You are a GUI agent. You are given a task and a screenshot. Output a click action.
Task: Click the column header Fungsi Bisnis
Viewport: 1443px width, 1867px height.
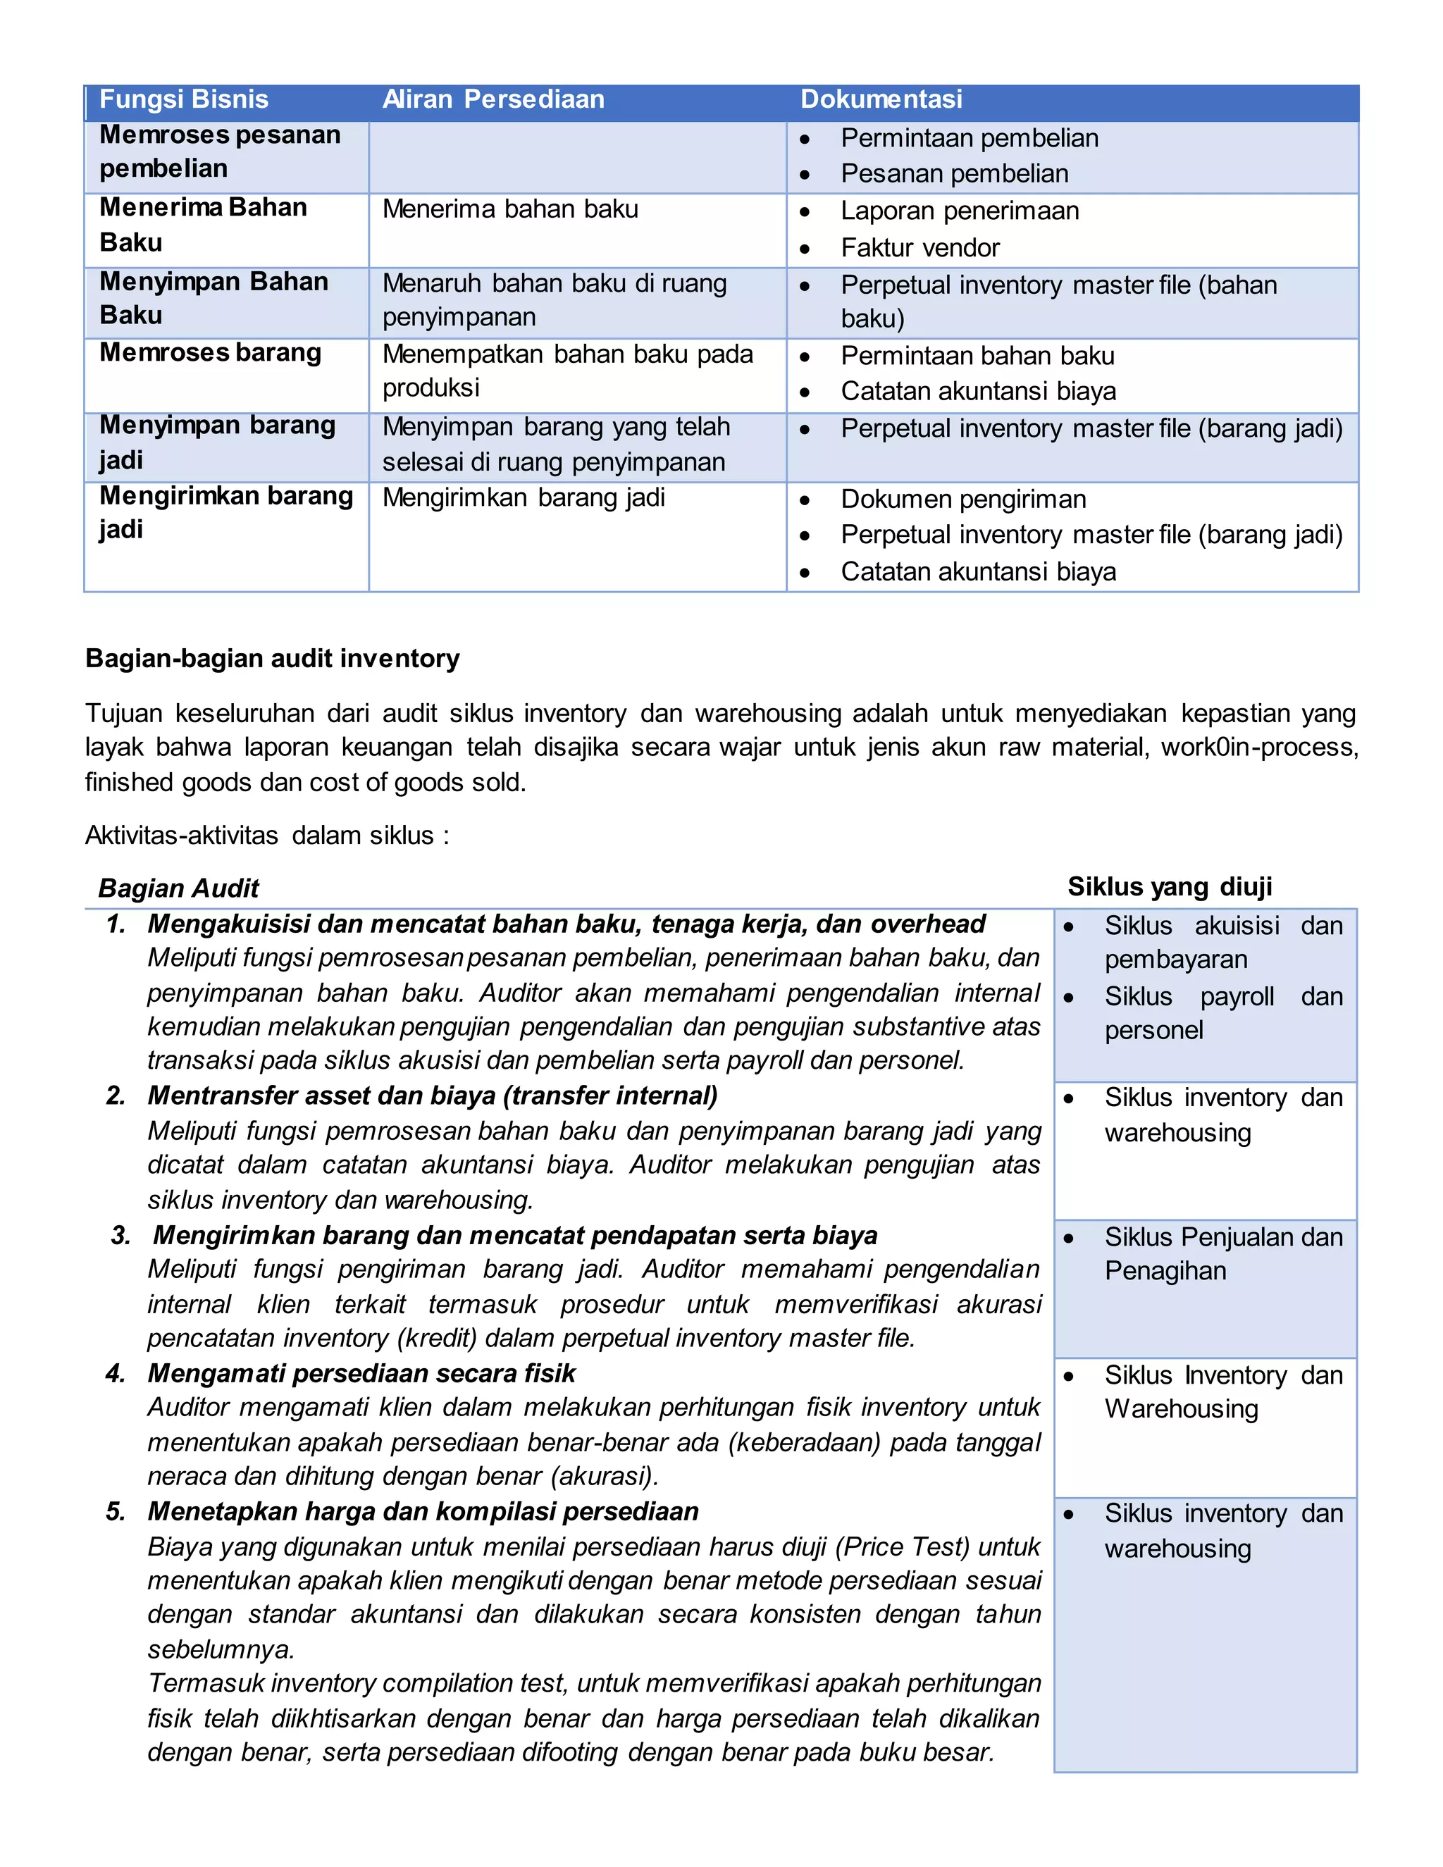point(184,100)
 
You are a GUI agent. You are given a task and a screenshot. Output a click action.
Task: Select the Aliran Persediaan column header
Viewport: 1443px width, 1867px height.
point(493,100)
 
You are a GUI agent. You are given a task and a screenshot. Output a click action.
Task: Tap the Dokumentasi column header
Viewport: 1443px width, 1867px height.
point(881,100)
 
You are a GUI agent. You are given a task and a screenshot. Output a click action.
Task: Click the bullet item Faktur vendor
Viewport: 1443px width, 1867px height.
point(919,248)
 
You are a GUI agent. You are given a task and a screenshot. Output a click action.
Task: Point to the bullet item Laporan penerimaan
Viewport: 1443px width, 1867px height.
point(959,211)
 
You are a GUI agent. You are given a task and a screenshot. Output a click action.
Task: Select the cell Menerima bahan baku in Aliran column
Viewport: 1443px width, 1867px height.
point(510,209)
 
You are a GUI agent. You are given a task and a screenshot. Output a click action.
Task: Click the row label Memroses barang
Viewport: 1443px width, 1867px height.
point(210,353)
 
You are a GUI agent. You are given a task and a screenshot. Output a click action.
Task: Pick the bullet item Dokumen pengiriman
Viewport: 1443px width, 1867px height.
point(963,500)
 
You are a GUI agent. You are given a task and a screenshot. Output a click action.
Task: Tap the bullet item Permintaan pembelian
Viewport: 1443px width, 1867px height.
point(970,139)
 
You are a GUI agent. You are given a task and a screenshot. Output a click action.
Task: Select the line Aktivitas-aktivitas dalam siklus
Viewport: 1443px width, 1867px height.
point(267,835)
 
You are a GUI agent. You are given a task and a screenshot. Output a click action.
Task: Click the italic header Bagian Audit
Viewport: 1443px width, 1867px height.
point(179,888)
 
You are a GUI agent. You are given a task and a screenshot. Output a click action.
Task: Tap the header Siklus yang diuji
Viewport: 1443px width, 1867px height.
point(1170,886)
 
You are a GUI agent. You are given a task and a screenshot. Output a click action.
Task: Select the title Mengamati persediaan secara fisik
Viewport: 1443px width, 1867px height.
point(361,1373)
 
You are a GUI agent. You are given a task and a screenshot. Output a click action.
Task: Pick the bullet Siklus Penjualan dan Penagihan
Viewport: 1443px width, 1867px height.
point(1222,1254)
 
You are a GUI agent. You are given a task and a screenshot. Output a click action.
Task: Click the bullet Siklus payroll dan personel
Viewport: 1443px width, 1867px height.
point(1222,1014)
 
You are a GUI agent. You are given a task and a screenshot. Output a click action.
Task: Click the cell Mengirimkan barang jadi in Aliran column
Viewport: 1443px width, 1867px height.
point(524,497)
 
